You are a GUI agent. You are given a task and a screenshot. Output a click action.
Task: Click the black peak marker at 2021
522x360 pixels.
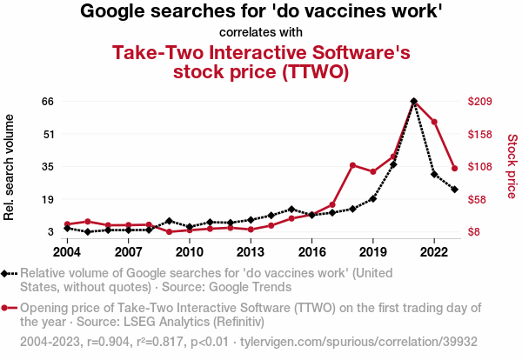click(413, 101)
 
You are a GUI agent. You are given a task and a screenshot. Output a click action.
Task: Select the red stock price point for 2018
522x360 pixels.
click(352, 165)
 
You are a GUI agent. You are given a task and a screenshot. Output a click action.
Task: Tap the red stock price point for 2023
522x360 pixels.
click(454, 169)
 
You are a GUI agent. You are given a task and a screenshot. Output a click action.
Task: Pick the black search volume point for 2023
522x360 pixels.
click(454, 189)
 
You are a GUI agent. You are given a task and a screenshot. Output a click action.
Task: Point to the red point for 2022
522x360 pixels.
click(434, 122)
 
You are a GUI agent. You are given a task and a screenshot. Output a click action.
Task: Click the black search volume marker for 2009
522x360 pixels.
click(170, 221)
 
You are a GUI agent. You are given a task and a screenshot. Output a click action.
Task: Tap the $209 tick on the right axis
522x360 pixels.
click(481, 101)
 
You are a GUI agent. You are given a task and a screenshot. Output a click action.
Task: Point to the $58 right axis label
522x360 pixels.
click(478, 199)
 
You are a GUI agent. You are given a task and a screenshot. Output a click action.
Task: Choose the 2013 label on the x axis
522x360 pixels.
click(251, 251)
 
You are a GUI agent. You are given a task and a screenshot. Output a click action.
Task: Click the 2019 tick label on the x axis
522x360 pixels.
click(373, 251)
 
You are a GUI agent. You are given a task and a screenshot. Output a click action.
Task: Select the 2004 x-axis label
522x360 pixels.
click(68, 251)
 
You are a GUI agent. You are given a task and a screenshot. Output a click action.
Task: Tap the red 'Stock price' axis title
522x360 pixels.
click(512, 165)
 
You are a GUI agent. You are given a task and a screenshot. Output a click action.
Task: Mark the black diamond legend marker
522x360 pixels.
click(9, 273)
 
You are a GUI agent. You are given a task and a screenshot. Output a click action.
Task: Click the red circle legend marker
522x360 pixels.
click(9, 308)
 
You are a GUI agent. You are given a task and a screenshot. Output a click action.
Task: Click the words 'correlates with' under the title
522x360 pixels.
click(261, 33)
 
